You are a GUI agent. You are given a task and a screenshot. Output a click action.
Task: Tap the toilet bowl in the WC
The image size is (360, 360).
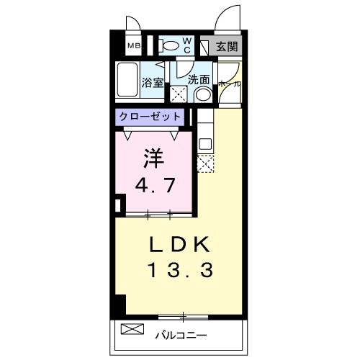click(x=170, y=46)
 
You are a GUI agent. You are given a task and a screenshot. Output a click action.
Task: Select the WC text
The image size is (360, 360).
click(x=186, y=46)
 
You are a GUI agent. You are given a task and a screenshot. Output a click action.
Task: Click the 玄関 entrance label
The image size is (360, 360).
click(x=227, y=47)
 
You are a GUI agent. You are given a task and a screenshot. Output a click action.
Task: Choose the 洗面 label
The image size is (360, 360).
click(x=199, y=80)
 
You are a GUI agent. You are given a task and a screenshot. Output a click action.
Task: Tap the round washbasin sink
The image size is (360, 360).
click(x=204, y=94)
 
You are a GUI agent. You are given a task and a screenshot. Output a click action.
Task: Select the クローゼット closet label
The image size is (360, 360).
click(x=150, y=116)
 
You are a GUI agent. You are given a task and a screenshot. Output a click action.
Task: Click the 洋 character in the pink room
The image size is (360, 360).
click(x=149, y=156)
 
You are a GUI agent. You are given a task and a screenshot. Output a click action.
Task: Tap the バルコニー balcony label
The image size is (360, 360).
click(x=182, y=335)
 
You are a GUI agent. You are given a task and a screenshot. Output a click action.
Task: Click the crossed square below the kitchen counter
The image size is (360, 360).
click(x=204, y=165)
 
